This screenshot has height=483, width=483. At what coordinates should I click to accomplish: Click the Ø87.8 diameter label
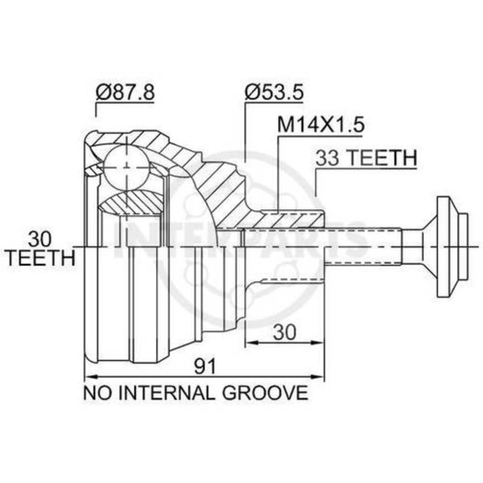[125, 92]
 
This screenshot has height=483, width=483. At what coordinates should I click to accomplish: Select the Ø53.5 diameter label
[274, 92]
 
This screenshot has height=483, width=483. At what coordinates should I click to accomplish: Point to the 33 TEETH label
[366, 157]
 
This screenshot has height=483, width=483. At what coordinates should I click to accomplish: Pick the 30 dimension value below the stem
[284, 332]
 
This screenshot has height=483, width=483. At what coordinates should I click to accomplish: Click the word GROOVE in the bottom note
[265, 393]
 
